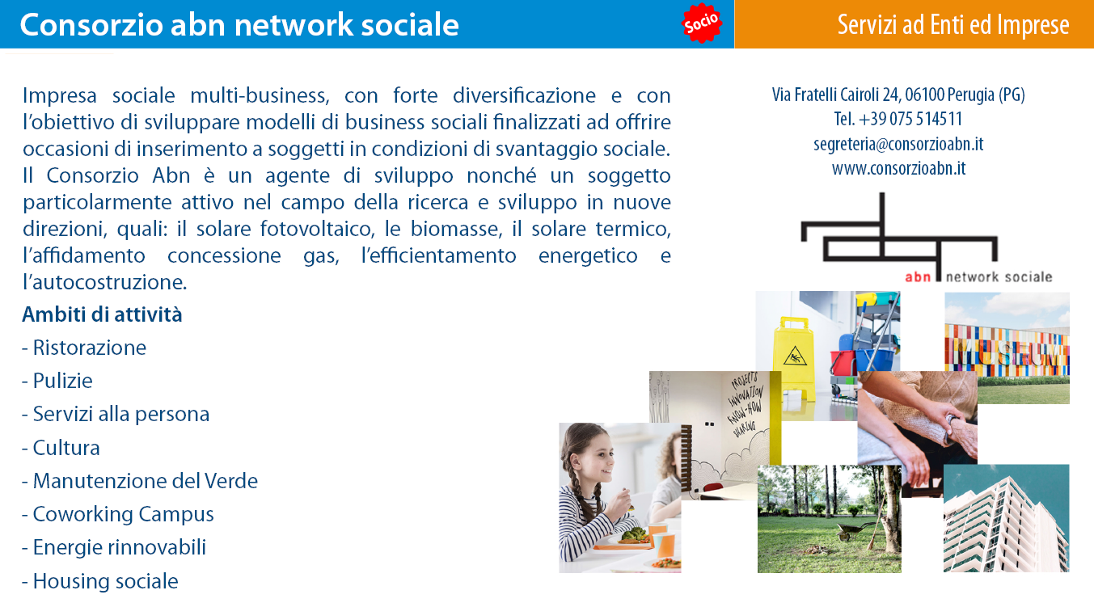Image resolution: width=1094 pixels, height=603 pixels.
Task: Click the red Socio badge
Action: click(702, 23)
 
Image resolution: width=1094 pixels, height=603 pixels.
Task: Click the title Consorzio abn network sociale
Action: click(239, 24)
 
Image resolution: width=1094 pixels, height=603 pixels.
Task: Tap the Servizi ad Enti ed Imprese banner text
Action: click(953, 24)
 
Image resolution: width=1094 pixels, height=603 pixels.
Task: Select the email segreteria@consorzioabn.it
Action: click(898, 144)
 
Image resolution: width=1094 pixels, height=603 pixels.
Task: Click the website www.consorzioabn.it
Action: click(898, 168)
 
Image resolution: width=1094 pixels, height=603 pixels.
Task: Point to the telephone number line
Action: click(898, 119)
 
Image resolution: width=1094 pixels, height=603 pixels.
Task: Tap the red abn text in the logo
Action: click(918, 277)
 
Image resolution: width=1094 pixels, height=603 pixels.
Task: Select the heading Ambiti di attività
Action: click(102, 314)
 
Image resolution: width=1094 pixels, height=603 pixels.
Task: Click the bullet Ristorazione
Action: click(84, 348)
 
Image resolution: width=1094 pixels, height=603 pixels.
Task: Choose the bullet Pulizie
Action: click(57, 381)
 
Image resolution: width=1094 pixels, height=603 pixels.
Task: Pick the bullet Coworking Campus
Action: click(118, 514)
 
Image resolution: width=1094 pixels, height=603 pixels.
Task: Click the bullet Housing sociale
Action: click(100, 581)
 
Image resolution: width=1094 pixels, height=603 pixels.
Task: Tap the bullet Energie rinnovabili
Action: click(114, 547)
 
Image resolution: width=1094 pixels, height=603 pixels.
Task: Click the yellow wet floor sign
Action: click(794, 359)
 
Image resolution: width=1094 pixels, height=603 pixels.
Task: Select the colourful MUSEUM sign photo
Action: click(1007, 348)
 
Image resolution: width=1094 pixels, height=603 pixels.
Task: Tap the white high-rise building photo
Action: click(1006, 518)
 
